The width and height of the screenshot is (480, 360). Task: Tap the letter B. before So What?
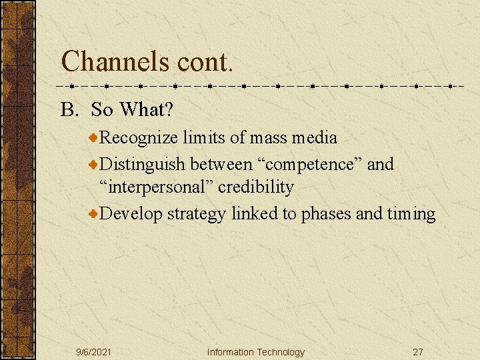(70, 109)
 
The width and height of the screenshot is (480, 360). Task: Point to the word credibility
(255, 188)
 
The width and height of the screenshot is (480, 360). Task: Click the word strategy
(197, 214)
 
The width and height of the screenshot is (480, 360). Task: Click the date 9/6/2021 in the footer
(93, 352)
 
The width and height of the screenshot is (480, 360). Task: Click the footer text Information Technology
(255, 352)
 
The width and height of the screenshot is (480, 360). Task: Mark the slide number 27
(418, 352)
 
